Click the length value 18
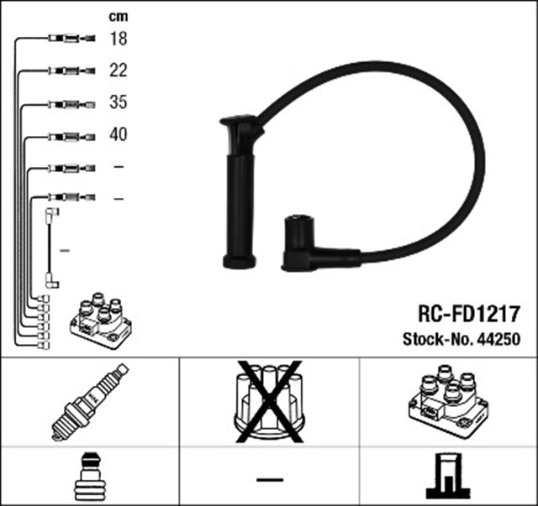click(x=118, y=39)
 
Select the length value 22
click(x=118, y=70)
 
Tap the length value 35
click(x=118, y=103)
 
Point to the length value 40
click(x=118, y=134)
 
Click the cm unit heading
click(x=118, y=16)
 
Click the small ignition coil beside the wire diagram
click(x=100, y=321)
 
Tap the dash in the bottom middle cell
click(x=269, y=479)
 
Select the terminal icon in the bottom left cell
click(x=89, y=477)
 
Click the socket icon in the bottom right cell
click(x=447, y=477)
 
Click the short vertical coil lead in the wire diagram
click(x=52, y=249)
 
